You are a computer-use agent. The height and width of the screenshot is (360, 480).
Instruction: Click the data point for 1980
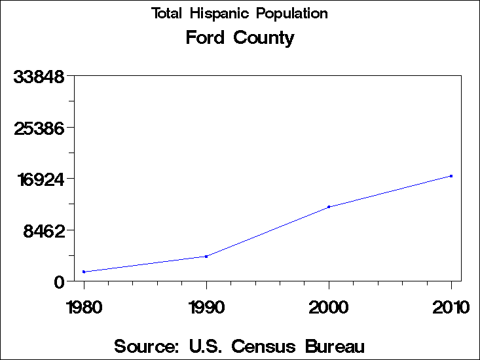(x=84, y=272)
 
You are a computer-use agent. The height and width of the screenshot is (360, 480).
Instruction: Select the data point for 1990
(x=206, y=257)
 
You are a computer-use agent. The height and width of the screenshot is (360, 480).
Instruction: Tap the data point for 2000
(x=329, y=207)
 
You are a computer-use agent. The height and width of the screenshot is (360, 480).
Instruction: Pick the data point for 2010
(x=451, y=176)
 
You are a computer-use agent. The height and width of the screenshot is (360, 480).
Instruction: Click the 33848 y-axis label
(x=39, y=77)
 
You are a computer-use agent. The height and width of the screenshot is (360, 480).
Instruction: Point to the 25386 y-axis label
(x=39, y=128)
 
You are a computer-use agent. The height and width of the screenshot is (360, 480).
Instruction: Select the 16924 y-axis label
(x=39, y=179)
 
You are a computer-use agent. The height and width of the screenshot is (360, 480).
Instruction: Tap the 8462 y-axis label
(x=44, y=230)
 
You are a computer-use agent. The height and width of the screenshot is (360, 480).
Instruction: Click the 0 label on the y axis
(x=60, y=281)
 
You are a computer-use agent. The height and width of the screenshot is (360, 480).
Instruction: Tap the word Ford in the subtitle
(x=205, y=38)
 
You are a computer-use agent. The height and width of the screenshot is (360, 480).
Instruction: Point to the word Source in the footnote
(x=146, y=346)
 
